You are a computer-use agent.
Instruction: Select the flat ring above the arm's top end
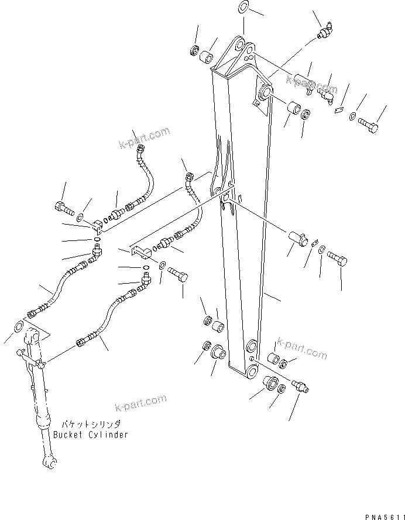(x=244, y=8)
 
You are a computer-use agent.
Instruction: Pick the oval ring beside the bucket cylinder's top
(x=18, y=325)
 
